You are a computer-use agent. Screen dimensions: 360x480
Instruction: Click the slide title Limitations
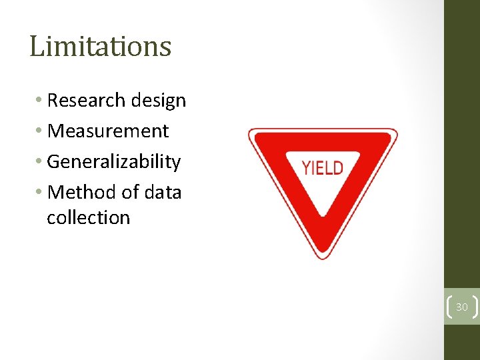pos(101,47)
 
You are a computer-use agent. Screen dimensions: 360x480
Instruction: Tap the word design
pos(158,101)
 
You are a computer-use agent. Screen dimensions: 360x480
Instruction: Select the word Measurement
pos(109,131)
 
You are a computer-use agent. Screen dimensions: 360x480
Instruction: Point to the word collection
pos(89,218)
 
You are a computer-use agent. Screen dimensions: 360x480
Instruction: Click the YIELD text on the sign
pos(323,167)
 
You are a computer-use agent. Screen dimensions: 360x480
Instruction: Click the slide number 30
pos(462,307)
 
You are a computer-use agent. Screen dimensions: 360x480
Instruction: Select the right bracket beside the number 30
pos(475,307)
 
